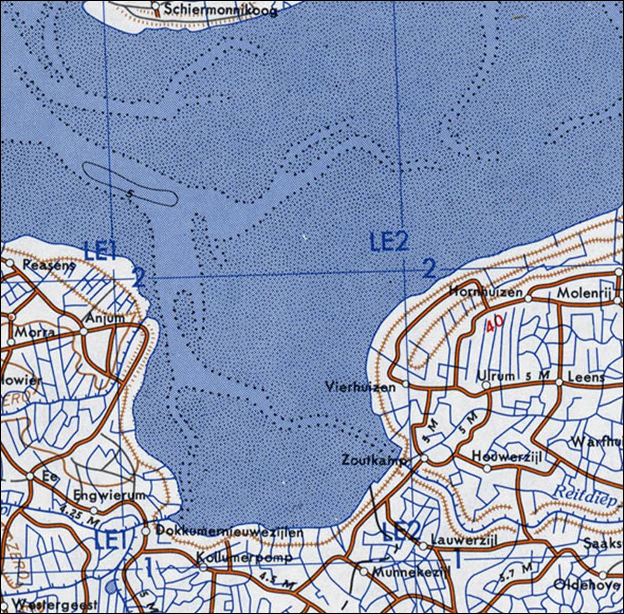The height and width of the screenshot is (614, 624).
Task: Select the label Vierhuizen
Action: [360, 386]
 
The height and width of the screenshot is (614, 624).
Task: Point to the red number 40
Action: [494, 323]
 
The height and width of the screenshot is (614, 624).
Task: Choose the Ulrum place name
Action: [496, 375]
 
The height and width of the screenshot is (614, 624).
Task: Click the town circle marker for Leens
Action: [559, 382]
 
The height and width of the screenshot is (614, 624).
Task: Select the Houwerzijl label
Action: [508, 455]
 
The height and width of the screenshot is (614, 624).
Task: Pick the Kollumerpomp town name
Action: [245, 557]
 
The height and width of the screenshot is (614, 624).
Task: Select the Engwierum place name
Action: [109, 495]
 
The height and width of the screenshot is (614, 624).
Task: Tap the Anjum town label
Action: [105, 317]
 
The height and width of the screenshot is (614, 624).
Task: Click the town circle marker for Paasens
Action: [10, 262]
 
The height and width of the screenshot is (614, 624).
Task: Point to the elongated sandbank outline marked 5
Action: [130, 184]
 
